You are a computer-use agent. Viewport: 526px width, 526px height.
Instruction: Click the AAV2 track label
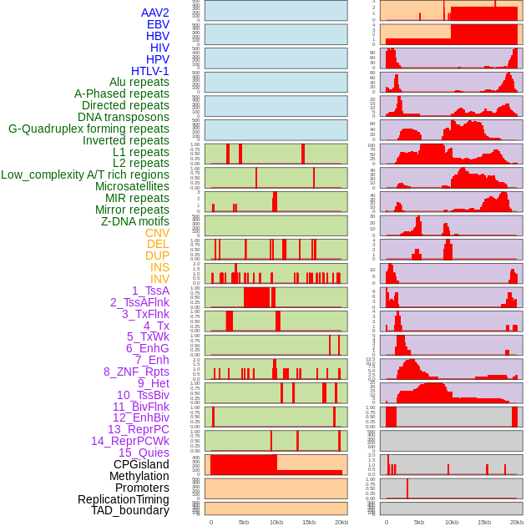coord(155,13)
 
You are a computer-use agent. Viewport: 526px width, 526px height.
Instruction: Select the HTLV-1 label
coord(150,71)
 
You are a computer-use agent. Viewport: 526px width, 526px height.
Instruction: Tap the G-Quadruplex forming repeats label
coord(89,129)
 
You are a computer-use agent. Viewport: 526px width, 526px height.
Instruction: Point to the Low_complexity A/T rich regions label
coord(85,174)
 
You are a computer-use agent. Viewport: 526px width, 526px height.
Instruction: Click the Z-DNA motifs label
coord(135,221)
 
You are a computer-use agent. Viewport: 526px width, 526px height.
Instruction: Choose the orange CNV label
coord(157,233)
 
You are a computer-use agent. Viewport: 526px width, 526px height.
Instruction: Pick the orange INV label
coord(159,279)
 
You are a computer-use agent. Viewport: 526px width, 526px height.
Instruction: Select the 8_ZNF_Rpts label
coord(136,372)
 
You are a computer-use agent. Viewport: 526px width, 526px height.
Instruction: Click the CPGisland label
coord(141,464)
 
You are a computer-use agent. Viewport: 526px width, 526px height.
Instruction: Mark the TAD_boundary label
coord(130,510)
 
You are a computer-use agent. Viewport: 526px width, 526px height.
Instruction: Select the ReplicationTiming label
coord(123,499)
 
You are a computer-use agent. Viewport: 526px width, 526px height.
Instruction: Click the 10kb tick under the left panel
coord(276,522)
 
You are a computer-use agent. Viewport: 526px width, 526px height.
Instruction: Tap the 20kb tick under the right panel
coord(517,522)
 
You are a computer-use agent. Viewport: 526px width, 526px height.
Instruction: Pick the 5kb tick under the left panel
coord(244,522)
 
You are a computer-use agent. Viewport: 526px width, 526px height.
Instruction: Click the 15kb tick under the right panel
coord(484,522)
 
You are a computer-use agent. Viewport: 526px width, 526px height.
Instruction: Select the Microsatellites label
coord(132,186)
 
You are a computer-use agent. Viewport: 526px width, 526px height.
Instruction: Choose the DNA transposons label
coord(124,117)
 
